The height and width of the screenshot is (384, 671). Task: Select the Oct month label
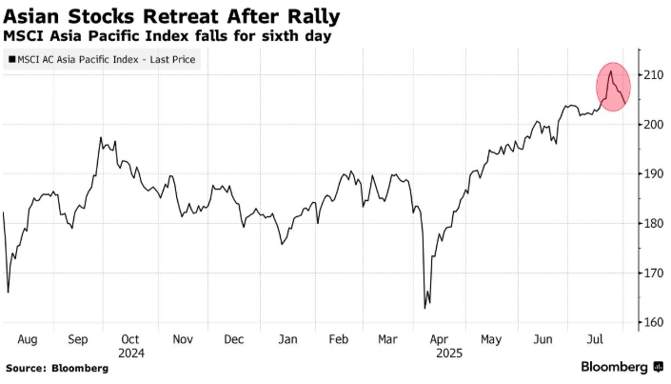click(x=130, y=338)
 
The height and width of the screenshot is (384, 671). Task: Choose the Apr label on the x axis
click(x=439, y=338)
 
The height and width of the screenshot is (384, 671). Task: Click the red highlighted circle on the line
click(x=614, y=86)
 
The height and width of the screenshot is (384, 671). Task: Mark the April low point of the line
click(x=424, y=307)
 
